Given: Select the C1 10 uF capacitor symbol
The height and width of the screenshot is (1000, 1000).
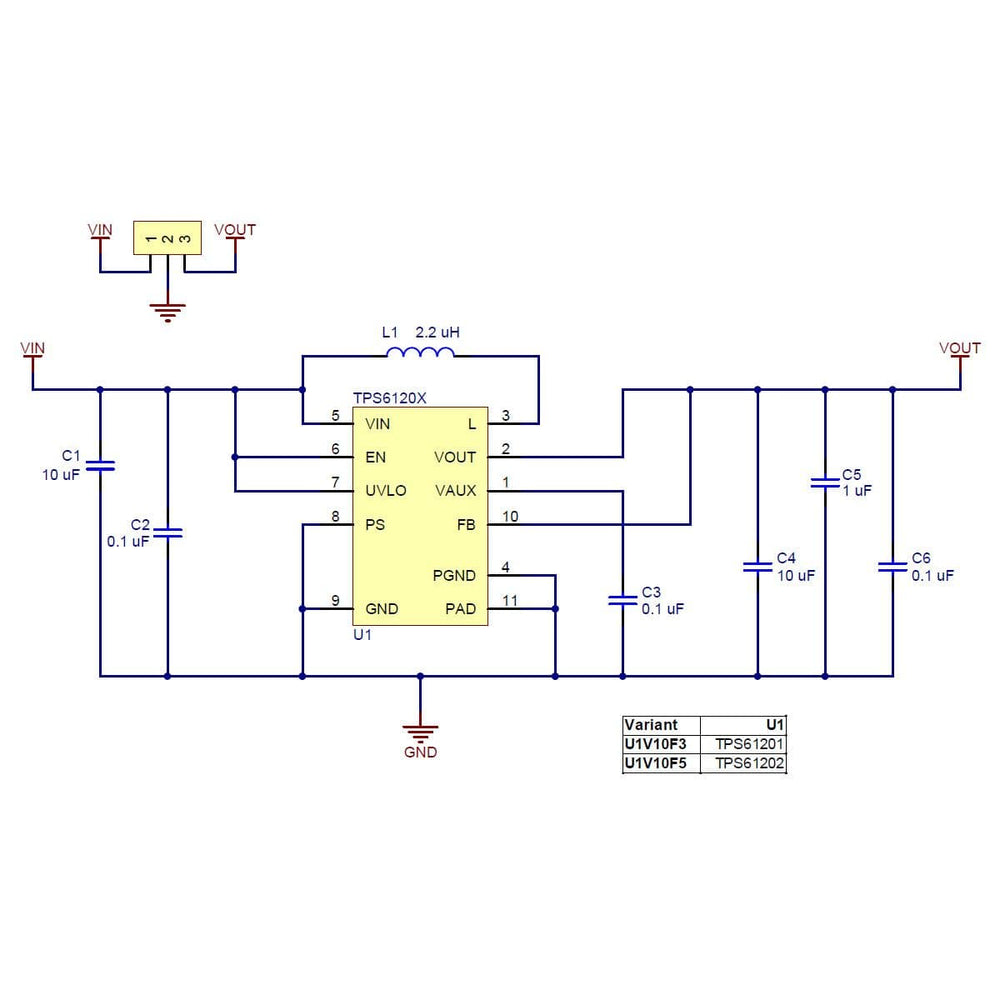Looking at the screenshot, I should (100, 465).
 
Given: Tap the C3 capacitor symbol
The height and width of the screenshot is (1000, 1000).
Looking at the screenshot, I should (622, 600).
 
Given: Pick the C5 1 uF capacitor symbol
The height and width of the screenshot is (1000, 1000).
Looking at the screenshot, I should (824, 482).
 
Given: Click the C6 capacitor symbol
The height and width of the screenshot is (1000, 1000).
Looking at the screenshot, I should (892, 567).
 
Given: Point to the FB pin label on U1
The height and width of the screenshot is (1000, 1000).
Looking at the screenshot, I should (466, 524).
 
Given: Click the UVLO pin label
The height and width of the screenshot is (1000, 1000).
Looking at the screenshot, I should (385, 491).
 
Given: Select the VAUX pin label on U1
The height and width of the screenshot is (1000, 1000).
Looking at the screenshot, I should (456, 491).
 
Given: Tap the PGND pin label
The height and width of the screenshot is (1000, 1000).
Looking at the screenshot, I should (454, 575).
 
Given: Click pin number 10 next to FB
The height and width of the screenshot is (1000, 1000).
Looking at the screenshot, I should (510, 517).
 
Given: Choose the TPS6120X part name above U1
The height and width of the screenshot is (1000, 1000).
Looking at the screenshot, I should (390, 397).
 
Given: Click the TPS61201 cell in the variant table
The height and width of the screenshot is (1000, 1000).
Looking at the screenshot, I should (749, 744).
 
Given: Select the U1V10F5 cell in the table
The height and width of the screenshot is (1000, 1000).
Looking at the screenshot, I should (656, 764).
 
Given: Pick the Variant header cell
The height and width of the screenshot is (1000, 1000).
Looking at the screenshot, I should (651, 725).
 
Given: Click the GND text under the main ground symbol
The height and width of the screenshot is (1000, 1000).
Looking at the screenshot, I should (420, 752).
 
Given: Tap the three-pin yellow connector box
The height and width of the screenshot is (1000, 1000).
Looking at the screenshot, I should (167, 238).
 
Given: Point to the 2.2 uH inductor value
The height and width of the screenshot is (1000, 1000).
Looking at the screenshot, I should (437, 331).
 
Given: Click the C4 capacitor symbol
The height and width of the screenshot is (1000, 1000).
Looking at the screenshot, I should (757, 567).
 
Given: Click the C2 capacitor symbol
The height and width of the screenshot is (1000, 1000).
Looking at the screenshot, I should (167, 533).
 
